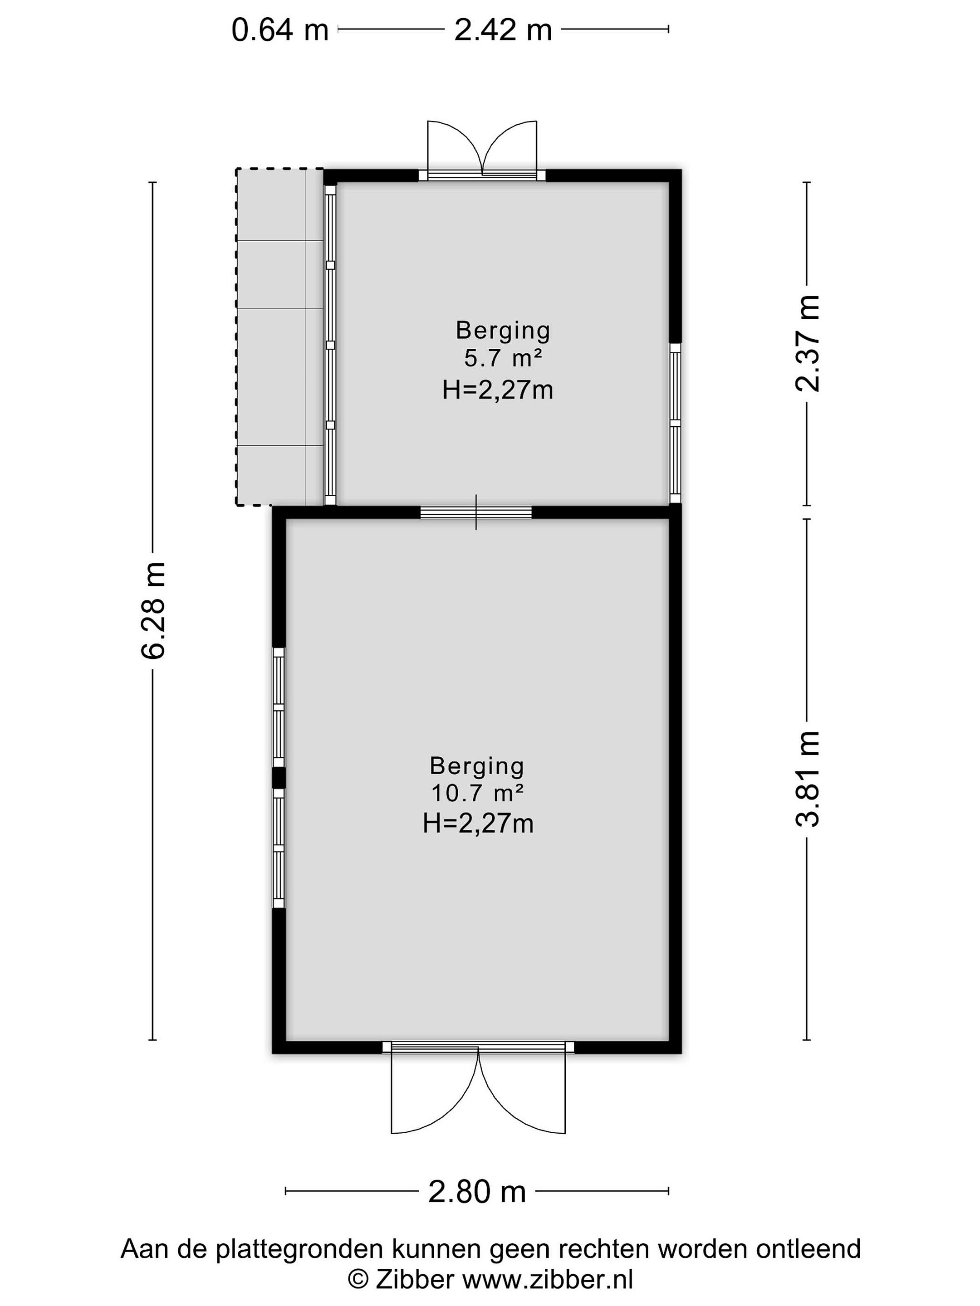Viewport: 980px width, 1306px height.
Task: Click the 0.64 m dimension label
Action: coord(279,30)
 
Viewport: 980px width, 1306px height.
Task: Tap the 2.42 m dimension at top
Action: coord(503,30)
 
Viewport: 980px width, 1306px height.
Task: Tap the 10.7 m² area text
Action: coord(477,793)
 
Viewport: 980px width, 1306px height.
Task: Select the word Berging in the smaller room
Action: coord(503,331)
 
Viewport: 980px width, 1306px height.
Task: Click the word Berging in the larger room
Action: coord(477,766)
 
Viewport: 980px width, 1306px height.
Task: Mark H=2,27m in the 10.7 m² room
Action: coord(478,824)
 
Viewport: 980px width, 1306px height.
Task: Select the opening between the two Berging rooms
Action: coord(476,512)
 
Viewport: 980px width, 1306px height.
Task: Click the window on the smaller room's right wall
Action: coord(675,423)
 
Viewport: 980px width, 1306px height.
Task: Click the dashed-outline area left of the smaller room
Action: coord(279,337)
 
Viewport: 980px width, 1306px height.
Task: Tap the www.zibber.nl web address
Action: coord(547,1279)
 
